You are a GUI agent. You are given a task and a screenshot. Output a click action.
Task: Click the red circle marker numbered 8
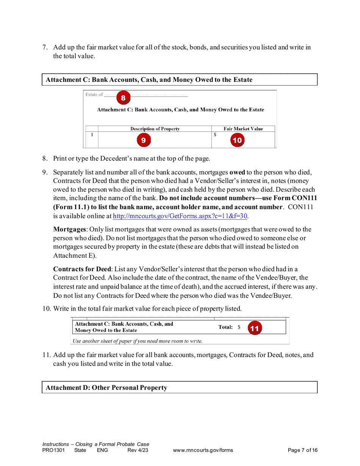click(123, 98)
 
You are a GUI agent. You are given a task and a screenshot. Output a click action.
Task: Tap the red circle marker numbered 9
click(143, 140)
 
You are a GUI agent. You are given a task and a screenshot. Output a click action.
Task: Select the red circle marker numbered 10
click(237, 140)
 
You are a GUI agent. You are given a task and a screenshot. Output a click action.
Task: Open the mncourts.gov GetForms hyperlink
click(180, 216)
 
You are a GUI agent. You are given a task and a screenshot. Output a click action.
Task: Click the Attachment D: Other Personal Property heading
click(106, 388)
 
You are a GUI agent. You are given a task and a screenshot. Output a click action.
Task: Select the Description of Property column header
click(155, 129)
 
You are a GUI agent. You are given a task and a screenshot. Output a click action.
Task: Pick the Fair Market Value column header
click(243, 129)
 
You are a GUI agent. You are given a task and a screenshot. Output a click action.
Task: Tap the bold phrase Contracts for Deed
click(82, 269)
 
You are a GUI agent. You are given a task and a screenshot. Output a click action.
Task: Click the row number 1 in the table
click(92, 134)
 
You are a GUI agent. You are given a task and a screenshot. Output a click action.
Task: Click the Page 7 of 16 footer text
click(302, 450)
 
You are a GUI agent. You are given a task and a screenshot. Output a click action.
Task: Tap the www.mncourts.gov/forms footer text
click(203, 450)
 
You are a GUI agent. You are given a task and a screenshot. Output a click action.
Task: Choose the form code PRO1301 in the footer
click(53, 450)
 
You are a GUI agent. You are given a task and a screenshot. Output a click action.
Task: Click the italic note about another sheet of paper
click(138, 341)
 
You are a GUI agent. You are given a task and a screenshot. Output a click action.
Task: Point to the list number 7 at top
click(45, 47)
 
